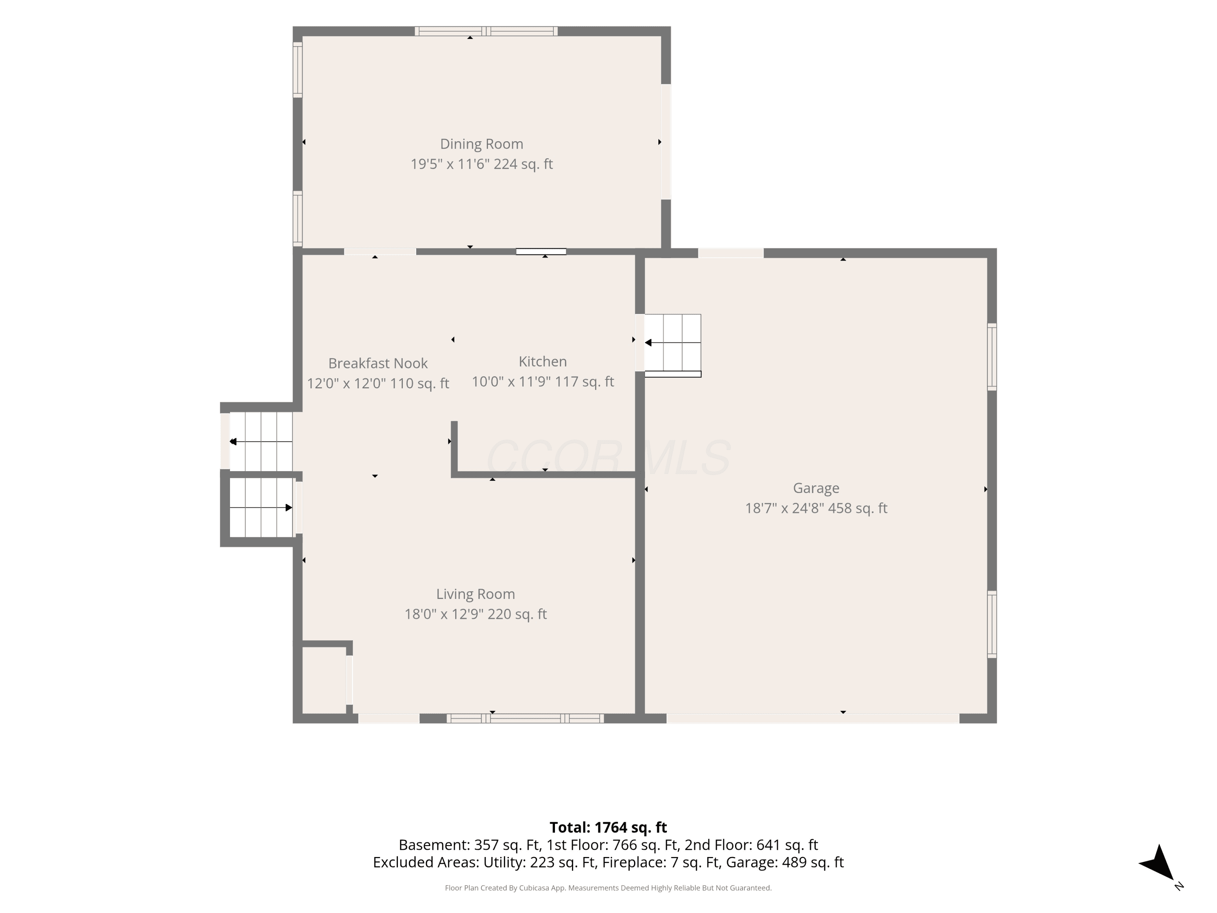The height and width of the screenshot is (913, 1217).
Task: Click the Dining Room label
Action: (482, 144)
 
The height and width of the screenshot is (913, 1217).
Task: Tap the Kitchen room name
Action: (542, 362)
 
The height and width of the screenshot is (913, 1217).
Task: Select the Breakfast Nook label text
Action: (378, 363)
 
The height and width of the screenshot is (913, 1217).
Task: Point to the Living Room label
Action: (475, 594)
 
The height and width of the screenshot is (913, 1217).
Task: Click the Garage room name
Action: (816, 488)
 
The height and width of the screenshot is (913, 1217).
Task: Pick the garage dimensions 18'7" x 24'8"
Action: (784, 508)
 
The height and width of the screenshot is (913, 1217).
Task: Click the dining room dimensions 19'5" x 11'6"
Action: (450, 164)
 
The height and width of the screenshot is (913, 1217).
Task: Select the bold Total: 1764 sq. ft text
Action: (608, 828)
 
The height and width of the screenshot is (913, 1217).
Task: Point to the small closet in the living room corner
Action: (325, 680)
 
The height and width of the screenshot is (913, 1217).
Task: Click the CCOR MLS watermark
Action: (608, 457)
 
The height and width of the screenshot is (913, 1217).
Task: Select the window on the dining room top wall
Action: (486, 31)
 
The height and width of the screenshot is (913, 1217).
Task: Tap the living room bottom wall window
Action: (525, 718)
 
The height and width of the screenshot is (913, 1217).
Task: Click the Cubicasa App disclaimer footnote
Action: (608, 888)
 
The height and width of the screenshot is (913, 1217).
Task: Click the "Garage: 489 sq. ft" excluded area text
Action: (785, 862)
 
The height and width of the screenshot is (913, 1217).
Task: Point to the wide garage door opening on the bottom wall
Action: (813, 718)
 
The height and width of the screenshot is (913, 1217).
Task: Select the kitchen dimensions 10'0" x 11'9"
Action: (511, 382)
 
